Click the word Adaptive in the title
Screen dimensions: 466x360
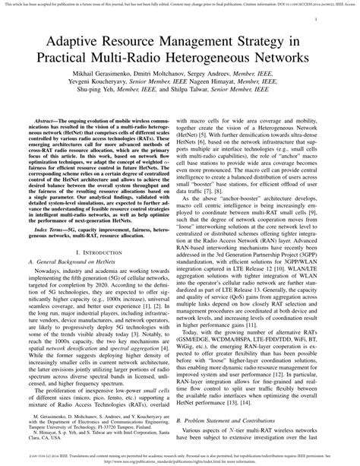[78, 41]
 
